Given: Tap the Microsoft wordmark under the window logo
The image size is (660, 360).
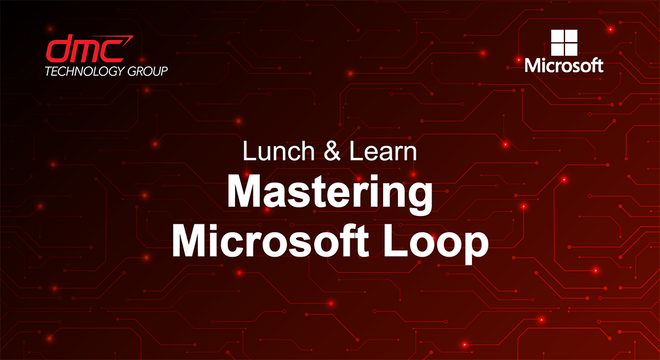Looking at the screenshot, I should point(564,65).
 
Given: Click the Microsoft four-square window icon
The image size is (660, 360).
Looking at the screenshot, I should point(564,43).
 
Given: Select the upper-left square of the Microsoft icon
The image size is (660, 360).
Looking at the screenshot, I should point(557,36).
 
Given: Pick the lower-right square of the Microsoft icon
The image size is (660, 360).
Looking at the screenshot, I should point(570,49).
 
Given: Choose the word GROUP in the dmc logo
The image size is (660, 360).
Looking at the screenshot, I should point(146,71).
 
